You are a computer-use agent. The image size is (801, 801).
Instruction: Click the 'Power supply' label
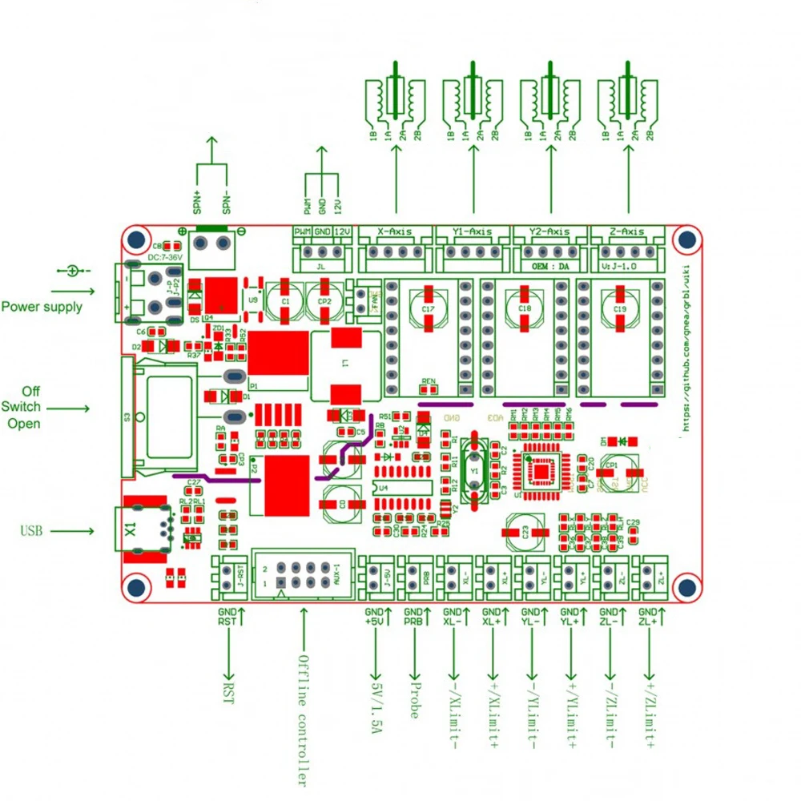pyautogui.click(x=42, y=306)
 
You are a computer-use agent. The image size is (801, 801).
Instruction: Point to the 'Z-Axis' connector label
pyautogui.click(x=627, y=231)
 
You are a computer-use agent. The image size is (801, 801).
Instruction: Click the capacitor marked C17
pyautogui.click(x=428, y=308)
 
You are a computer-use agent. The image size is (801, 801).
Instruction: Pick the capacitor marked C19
pyautogui.click(x=619, y=308)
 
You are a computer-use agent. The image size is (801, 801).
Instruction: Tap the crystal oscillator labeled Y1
pyautogui.click(x=475, y=472)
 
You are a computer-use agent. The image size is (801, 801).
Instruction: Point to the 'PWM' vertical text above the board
pyautogui.click(x=308, y=206)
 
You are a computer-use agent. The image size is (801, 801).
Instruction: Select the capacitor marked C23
pyautogui.click(x=524, y=531)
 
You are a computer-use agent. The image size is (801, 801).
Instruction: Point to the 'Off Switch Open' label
pyautogui.click(x=30, y=408)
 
